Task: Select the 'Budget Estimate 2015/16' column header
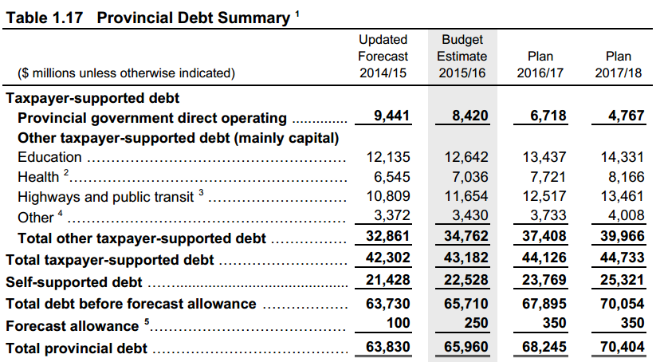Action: coord(462,56)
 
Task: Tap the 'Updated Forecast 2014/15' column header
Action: coord(383,56)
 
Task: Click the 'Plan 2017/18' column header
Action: coord(619,65)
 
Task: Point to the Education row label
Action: coord(49,157)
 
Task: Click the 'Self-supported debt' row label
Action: coord(74,282)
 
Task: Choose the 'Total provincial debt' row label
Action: coord(77,348)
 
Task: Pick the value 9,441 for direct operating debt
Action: coord(392,116)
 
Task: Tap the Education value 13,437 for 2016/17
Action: coord(545,157)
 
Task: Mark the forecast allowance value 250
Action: coord(476,323)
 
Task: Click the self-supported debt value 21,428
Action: coord(389,282)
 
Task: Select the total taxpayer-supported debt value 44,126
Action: coord(544,260)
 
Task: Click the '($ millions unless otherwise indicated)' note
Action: coord(126,73)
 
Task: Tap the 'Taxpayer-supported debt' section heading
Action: coord(92,99)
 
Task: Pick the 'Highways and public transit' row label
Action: coord(104,196)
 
